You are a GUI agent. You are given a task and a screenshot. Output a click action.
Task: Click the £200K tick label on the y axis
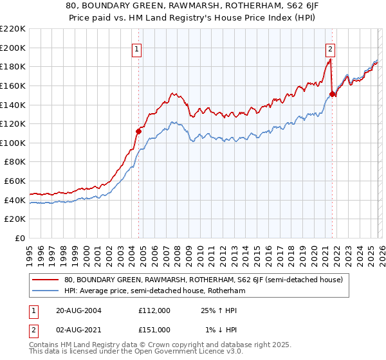click(x=13, y=48)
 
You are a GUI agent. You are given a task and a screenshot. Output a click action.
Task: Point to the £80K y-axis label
click(x=15, y=162)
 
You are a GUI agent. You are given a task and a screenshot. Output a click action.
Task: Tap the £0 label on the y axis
click(x=20, y=239)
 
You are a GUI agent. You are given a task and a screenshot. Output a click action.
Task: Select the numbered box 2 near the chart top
click(x=330, y=48)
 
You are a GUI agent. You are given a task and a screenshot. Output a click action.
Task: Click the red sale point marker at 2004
click(x=138, y=131)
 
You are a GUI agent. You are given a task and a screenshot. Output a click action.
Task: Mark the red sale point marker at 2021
click(x=332, y=94)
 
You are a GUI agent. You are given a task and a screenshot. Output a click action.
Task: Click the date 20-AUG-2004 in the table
click(x=78, y=310)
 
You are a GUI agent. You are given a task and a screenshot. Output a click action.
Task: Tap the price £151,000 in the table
click(x=154, y=329)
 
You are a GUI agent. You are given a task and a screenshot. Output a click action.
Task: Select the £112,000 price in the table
click(x=154, y=310)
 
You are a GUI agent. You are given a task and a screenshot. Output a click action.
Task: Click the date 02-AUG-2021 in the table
click(x=78, y=329)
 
